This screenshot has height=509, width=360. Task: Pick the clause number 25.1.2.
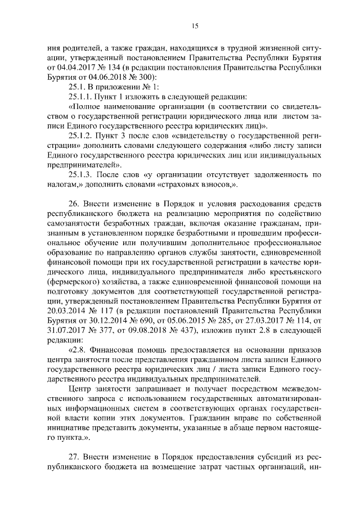pos(82,135)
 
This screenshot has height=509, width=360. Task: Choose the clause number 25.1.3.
pos(82,174)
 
